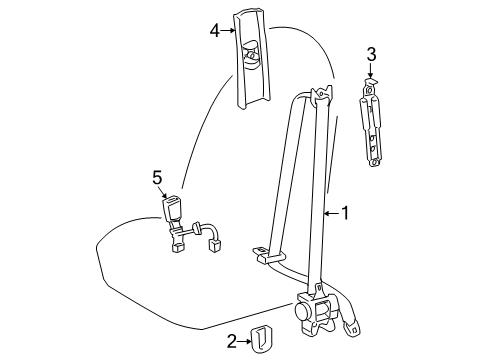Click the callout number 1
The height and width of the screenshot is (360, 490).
347,212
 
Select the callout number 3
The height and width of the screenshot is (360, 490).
371,55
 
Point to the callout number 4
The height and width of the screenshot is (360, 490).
214,30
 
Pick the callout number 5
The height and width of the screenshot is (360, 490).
156,177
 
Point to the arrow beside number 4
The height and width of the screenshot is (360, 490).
230,30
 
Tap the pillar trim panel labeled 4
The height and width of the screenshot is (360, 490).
252,60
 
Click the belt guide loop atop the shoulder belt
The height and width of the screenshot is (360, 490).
317,96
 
